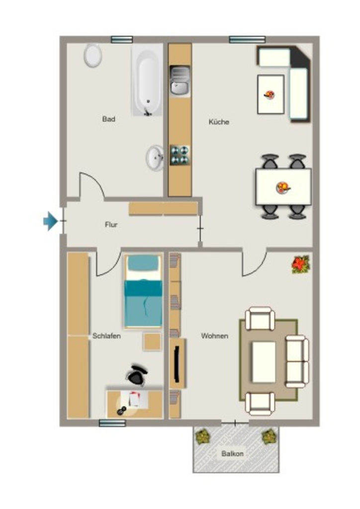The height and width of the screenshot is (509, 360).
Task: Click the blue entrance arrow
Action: click(51, 221)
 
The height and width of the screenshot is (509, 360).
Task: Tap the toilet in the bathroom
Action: click(93, 55)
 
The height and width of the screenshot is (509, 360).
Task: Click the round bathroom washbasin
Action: click(155, 158)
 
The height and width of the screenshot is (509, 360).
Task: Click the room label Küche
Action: click(219, 122)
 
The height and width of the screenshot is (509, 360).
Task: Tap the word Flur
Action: click(111, 224)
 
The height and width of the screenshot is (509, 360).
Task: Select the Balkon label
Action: click(232, 453)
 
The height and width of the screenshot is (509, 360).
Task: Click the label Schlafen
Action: click(106, 336)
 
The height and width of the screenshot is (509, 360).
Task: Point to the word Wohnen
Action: click(215, 336)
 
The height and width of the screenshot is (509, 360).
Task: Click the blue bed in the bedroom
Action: click(143, 291)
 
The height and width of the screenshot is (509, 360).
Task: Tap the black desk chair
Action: click(137, 375)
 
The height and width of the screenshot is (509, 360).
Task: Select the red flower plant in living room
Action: click(301, 264)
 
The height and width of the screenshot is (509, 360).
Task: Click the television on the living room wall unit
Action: click(177, 363)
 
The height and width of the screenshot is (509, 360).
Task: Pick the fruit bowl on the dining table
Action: click(283, 187)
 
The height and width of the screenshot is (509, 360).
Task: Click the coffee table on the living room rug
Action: click(264, 362)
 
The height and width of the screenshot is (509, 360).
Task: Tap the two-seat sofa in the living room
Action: click(297, 361)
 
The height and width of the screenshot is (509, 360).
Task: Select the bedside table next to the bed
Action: click(152, 341)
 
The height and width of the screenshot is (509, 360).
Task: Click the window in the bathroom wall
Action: click(122, 40)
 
